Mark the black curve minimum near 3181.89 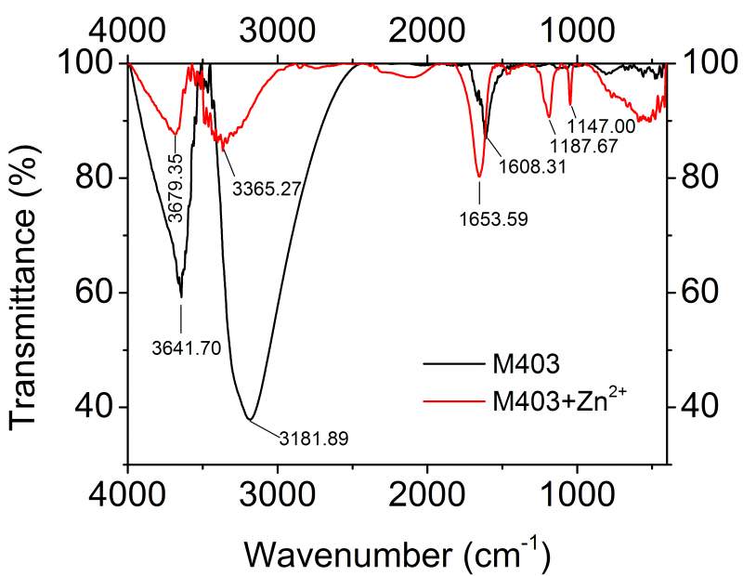pyautogui.click(x=249, y=419)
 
